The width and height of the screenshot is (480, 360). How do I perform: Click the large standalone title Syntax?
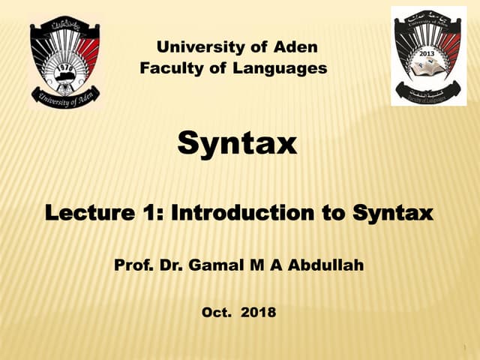[x=237, y=142]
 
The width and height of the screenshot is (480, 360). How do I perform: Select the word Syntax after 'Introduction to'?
[x=393, y=214]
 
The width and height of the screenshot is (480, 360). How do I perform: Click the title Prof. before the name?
[x=130, y=264]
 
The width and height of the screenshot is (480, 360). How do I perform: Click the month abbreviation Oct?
[x=216, y=310]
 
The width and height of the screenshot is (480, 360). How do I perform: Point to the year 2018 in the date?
[x=259, y=310]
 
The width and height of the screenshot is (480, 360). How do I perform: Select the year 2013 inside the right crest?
[x=427, y=55]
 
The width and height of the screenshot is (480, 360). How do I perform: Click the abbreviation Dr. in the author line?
[x=166, y=264]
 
